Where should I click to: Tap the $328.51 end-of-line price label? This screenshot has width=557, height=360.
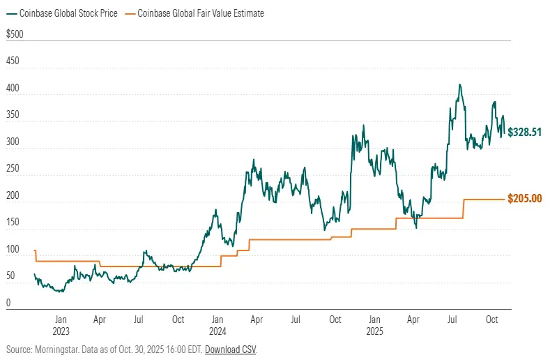[x=525, y=131]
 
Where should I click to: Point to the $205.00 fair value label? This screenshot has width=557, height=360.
[x=525, y=199]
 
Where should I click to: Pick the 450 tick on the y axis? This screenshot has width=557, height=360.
[x=13, y=61]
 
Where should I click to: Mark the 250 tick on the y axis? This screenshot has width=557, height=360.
[x=13, y=169]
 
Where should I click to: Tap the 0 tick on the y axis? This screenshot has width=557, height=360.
[x=8, y=303]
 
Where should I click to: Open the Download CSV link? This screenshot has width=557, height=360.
[x=230, y=349]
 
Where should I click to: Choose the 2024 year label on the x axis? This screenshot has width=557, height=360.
[x=218, y=331]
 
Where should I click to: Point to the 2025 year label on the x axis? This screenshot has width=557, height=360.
[x=374, y=331]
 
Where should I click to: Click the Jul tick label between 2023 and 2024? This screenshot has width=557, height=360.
[x=139, y=320]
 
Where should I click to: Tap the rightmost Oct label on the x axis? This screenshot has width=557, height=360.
[x=491, y=320]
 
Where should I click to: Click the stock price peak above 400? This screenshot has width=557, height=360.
[x=459, y=85]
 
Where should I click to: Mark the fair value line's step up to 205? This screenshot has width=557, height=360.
[x=464, y=209]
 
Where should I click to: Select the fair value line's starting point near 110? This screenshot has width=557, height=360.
[x=35, y=250]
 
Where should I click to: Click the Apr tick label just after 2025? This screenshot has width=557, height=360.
[x=413, y=320]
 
